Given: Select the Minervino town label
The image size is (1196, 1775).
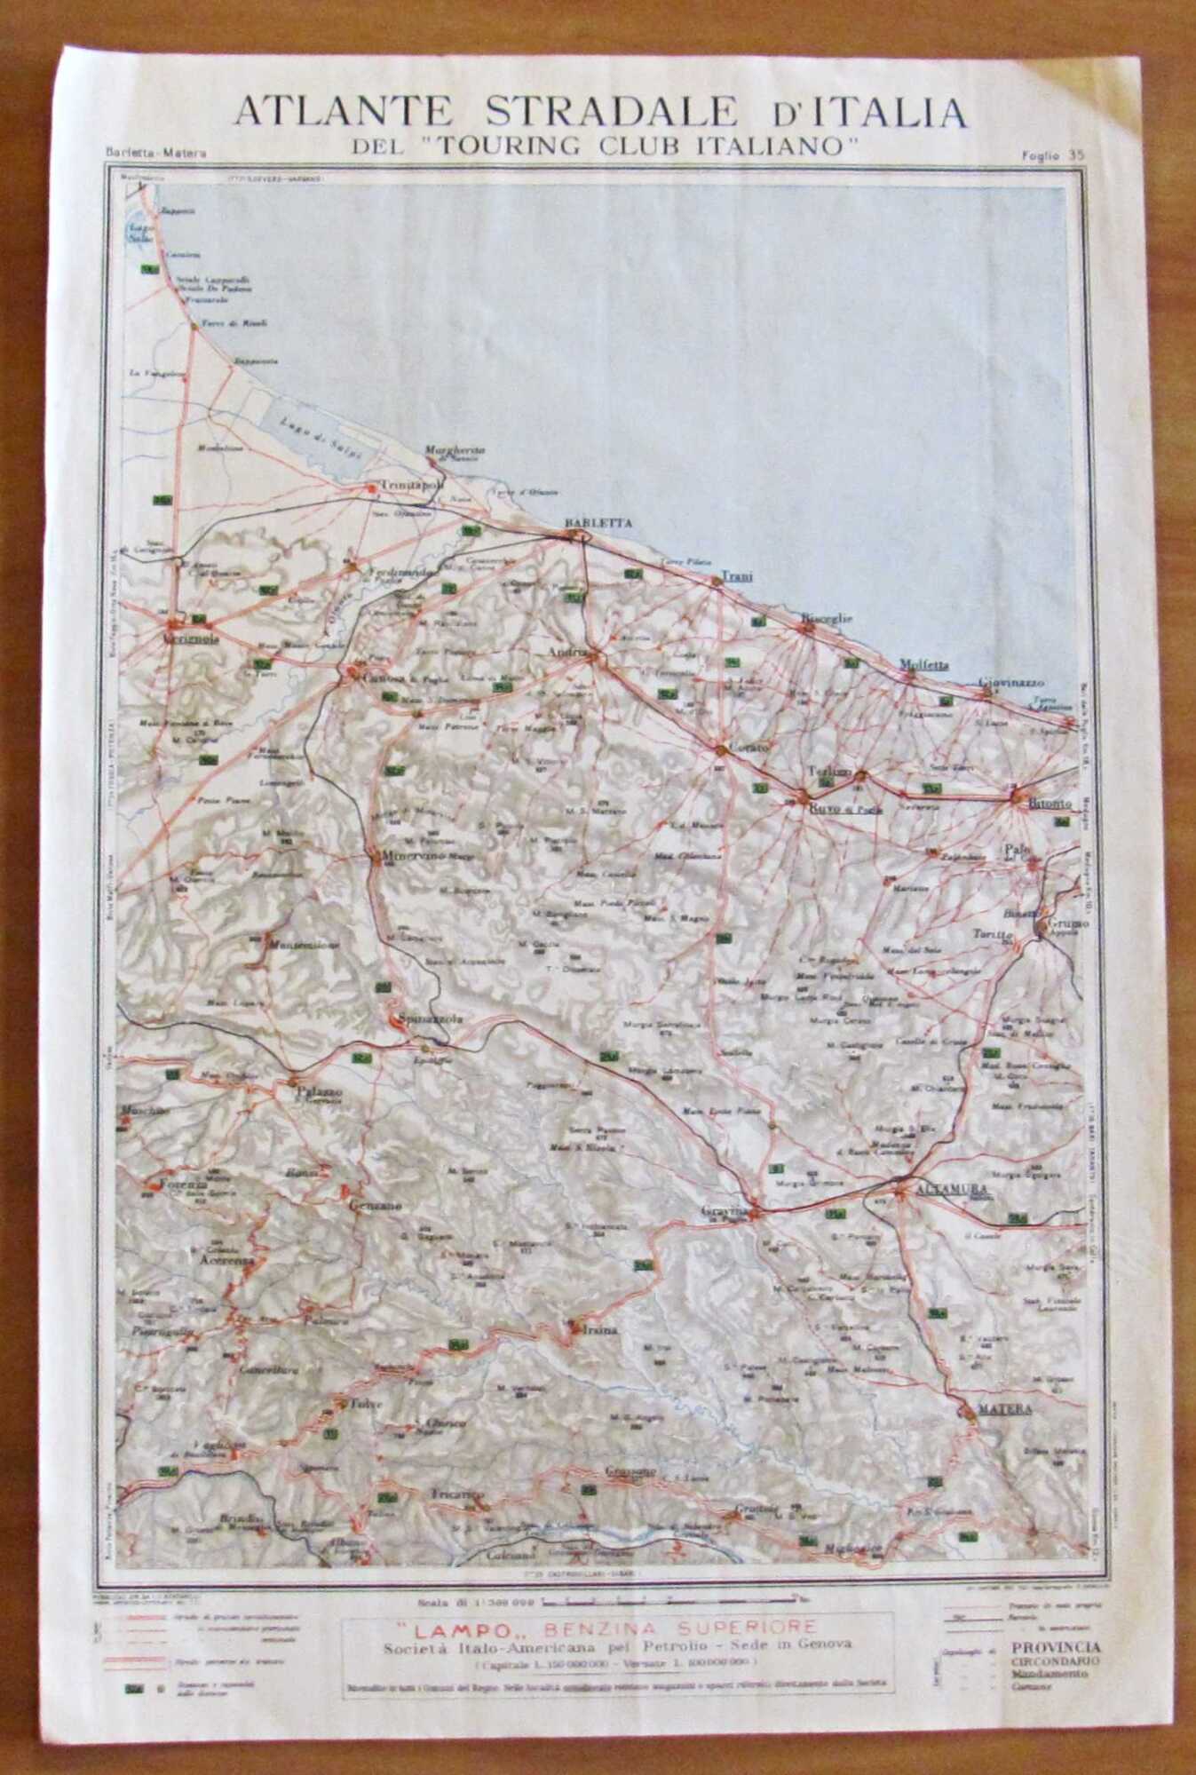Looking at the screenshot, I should (415, 858).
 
